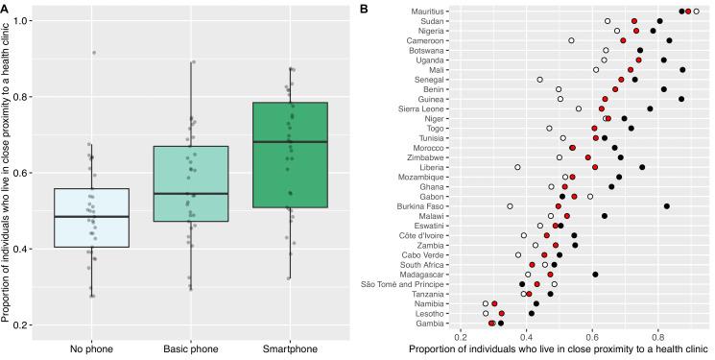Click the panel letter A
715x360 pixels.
pos(6,7)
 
